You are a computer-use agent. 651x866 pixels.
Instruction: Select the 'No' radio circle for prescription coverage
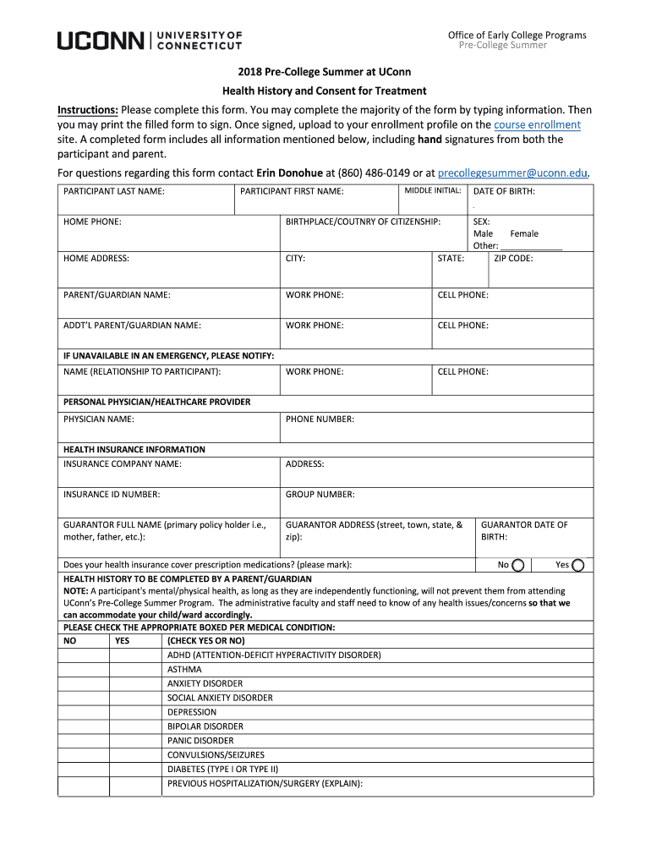(518, 566)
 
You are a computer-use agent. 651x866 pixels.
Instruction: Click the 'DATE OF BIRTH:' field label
(504, 192)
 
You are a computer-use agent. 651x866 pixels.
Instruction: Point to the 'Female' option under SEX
(524, 234)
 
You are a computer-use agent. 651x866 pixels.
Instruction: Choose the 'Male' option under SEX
(483, 234)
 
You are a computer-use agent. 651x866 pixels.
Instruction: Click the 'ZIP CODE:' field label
(513, 259)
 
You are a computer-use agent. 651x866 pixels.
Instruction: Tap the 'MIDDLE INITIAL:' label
(432, 190)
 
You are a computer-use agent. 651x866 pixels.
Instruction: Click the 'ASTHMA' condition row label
(184, 670)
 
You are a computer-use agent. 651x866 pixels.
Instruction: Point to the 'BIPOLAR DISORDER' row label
(205, 726)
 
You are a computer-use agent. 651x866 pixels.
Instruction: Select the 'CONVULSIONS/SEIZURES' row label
(216, 755)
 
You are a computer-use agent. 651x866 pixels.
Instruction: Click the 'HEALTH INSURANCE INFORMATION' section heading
(134, 450)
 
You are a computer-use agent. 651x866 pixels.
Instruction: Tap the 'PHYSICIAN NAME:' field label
(99, 419)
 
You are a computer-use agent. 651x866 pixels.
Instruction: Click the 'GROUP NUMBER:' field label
(320, 495)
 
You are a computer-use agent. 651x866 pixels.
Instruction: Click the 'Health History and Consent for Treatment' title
(325, 90)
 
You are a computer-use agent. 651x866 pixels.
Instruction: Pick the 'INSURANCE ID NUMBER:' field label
(112, 495)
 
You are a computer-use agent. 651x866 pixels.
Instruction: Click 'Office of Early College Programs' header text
(517, 35)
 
